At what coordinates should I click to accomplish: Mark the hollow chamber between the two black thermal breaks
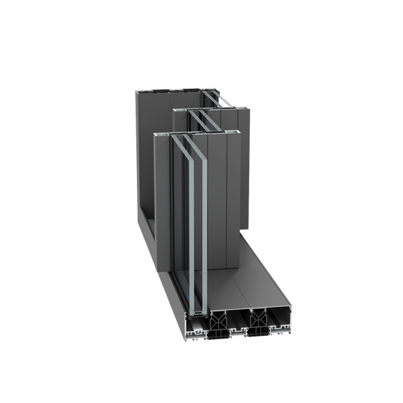click(238, 323)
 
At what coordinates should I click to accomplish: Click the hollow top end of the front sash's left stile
click(162, 134)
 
